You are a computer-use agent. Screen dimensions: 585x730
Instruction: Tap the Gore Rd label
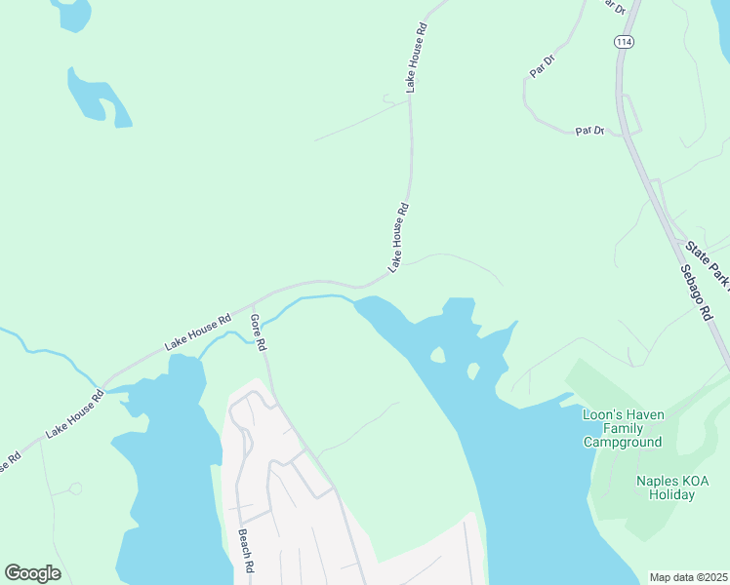coord(259,331)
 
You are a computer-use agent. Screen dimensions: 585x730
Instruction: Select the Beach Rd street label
coord(246,551)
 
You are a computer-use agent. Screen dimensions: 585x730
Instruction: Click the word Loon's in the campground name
coord(599,414)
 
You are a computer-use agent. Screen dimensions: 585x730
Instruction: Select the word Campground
coord(623,442)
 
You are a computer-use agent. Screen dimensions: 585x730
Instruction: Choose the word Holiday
coord(672,494)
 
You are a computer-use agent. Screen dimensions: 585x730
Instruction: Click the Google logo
coord(32,573)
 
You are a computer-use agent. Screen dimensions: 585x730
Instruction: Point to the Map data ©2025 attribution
coord(688,577)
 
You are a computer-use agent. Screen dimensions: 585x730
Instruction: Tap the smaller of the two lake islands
coord(473,370)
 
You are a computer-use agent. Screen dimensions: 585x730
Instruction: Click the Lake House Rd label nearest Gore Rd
coord(198,331)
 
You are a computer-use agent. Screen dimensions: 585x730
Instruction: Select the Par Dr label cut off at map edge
coord(613,6)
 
